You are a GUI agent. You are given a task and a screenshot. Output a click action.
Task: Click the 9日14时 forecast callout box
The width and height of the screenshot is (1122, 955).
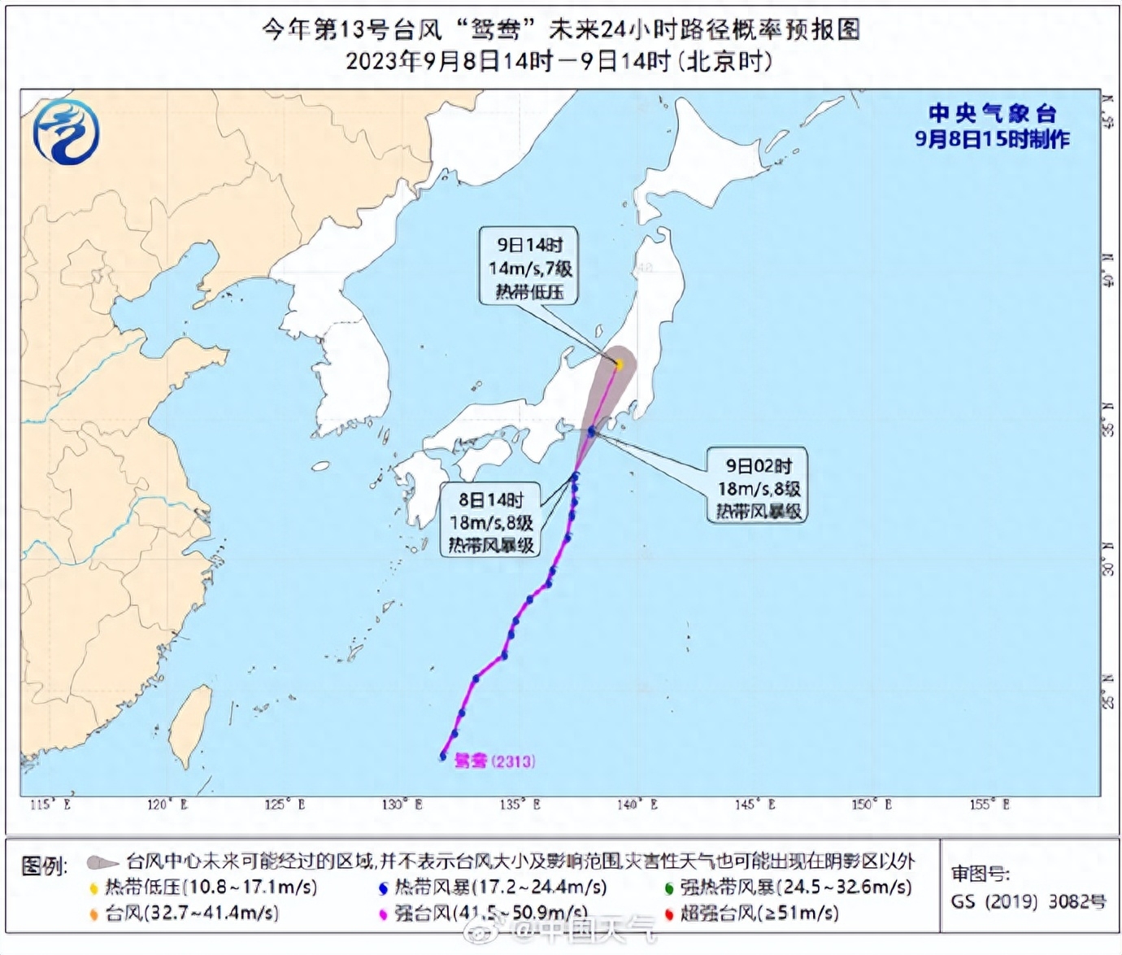tap(529, 267)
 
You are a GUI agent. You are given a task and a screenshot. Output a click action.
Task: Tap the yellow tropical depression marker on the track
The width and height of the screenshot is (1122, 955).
tap(619, 364)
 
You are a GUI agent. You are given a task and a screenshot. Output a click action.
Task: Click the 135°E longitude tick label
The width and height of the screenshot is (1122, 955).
tap(520, 805)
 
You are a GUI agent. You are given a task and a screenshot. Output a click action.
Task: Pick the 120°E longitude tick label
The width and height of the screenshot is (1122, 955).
tap(167, 805)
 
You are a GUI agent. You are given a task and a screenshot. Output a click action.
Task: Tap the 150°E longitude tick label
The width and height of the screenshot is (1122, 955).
tap(872, 805)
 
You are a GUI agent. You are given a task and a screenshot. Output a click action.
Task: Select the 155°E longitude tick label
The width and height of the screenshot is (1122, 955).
tap(989, 805)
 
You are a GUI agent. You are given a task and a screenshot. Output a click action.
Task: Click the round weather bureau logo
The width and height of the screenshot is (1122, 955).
tap(66, 132)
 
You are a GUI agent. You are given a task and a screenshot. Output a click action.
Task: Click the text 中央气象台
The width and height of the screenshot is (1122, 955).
tap(992, 113)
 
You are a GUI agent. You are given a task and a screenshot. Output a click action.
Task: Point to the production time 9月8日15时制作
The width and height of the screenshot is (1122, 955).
tap(992, 139)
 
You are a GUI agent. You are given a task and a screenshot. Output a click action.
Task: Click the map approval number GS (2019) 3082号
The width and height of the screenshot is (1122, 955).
tap(1028, 901)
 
